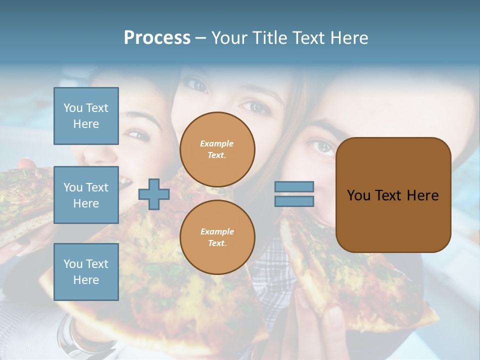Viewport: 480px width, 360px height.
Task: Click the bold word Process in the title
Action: point(157,38)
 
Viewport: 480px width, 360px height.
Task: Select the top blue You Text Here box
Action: point(86,116)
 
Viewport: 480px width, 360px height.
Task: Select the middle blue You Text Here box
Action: point(86,195)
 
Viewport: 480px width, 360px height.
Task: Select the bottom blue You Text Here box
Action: point(86,271)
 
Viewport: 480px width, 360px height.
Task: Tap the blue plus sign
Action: point(154,193)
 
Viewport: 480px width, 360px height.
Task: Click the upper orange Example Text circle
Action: point(217,149)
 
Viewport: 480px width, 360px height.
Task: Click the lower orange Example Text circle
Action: point(217,237)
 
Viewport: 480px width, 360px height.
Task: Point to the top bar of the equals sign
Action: point(294,186)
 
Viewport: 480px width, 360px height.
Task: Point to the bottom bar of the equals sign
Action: point(294,201)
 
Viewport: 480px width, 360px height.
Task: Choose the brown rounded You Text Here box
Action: point(393,195)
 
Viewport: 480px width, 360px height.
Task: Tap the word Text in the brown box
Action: point(389,195)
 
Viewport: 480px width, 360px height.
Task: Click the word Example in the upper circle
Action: point(217,143)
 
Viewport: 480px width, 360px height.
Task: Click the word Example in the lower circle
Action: point(217,231)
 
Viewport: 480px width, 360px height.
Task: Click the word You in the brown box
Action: point(358,195)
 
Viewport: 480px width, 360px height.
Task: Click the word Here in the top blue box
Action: point(86,124)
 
